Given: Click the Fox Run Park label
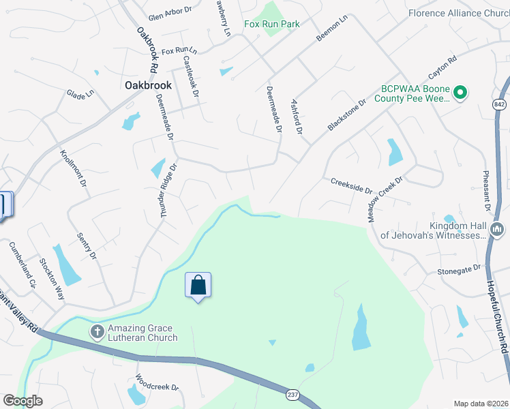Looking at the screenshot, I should coord(271,25).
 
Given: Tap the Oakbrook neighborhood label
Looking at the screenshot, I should coord(148,87).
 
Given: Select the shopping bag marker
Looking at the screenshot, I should coord(198,285).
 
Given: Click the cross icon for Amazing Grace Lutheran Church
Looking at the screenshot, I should coord(97,332).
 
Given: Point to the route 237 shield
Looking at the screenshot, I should coord(291,394).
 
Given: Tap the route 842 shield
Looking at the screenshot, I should coord(500,102).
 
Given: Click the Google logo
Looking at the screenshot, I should coord(22,401).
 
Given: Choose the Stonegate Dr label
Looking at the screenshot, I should coord(459,271).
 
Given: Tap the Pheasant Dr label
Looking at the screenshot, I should coord(487,190).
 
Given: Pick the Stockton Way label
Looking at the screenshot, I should coord(52,279).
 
